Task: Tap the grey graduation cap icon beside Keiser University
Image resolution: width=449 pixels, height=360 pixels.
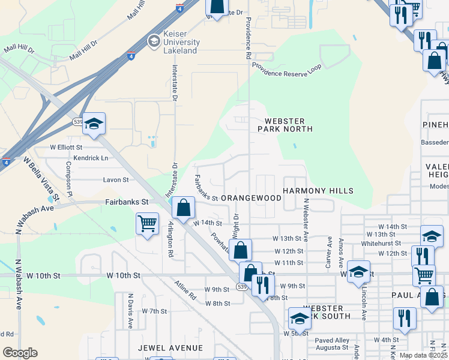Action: point(153,41)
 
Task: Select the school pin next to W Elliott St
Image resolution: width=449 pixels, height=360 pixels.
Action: point(94,124)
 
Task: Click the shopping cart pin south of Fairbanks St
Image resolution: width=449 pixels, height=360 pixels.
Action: point(147,224)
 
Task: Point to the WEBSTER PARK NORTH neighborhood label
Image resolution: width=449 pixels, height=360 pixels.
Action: point(285,125)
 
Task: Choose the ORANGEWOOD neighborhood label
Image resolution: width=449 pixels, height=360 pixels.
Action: point(251,197)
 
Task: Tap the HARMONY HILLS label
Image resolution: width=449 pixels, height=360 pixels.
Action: point(318,191)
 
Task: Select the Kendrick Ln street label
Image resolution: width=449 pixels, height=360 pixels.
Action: point(87,158)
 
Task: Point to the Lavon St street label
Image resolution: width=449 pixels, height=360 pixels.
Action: point(116,179)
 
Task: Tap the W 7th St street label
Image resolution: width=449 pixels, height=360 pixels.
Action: point(154,311)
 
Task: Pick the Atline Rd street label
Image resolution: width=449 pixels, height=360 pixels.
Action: point(185,290)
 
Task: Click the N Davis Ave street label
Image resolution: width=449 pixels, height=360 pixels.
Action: point(130,310)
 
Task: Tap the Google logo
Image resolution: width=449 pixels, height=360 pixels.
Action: point(20,353)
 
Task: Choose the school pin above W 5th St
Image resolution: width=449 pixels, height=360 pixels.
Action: point(299,318)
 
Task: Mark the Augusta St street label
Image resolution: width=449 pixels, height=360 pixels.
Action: point(332,347)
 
